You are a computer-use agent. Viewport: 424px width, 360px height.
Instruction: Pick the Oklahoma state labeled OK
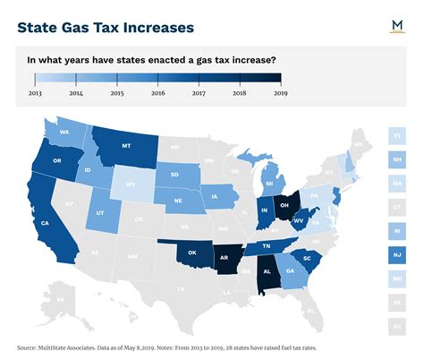click(191, 252)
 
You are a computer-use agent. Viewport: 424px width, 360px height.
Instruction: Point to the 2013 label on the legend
click(35, 91)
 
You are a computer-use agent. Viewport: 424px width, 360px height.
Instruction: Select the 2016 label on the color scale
click(157, 91)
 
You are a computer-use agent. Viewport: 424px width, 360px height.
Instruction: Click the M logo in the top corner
click(395, 26)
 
